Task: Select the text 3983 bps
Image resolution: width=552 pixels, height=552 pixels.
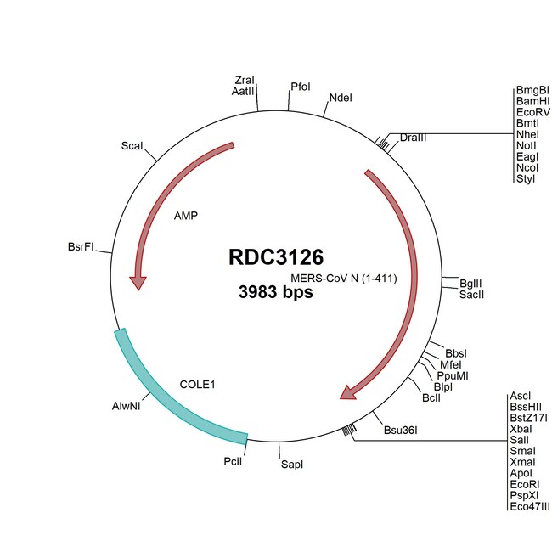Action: (275, 293)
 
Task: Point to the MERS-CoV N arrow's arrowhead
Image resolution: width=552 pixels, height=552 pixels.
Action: (348, 391)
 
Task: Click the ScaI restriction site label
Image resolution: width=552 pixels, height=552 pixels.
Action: (132, 146)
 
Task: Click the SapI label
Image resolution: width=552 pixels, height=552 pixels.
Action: (291, 465)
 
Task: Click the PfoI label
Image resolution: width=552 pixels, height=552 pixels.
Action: (301, 87)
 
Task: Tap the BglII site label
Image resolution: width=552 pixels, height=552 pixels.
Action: (470, 282)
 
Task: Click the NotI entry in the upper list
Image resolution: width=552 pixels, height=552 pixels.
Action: (526, 145)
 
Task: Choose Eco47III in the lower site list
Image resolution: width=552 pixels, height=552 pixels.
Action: (529, 506)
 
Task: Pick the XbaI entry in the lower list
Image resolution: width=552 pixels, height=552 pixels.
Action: (520, 429)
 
